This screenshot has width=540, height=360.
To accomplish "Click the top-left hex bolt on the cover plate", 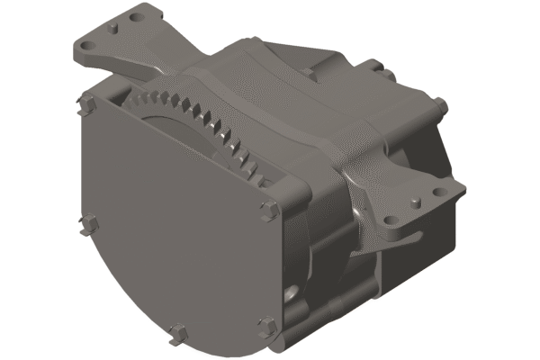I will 87,101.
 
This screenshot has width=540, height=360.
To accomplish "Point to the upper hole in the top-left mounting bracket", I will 136,15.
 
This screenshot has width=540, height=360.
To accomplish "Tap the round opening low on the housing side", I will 292,293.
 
